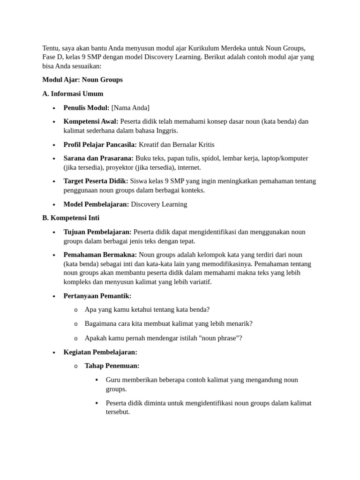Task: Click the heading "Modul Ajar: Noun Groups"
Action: click(82, 80)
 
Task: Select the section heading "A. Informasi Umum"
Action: click(73, 94)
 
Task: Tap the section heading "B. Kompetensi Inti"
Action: click(71, 218)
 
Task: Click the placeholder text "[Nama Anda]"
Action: click(130, 108)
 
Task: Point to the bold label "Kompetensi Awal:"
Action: click(91, 121)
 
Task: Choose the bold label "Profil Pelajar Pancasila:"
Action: click(100, 144)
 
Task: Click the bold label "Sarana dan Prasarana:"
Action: click(98, 158)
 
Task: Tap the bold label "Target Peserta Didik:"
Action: click(96, 181)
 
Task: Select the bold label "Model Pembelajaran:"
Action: click(96, 204)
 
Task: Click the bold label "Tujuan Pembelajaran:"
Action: click(97, 232)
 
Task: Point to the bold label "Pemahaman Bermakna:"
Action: click(100, 255)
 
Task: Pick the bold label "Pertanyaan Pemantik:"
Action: click(97, 296)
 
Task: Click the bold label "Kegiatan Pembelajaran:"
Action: click(100, 352)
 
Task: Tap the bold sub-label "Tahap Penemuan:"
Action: click(112, 366)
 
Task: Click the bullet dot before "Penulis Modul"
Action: click(54, 108)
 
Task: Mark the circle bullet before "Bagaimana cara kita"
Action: click(75, 324)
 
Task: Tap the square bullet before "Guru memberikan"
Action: click(97, 380)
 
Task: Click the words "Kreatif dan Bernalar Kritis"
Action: click(177, 144)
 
